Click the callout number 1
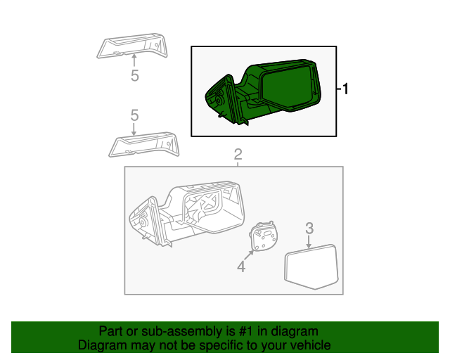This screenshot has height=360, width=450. [x=345, y=89]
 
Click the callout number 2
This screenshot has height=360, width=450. [x=238, y=154]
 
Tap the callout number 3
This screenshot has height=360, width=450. [x=309, y=228]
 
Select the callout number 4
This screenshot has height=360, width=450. [x=241, y=266]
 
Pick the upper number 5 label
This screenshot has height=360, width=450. [x=134, y=76]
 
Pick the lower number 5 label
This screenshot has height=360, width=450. [x=134, y=115]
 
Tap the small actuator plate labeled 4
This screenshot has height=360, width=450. [x=264, y=236]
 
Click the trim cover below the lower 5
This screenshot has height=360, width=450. [x=143, y=145]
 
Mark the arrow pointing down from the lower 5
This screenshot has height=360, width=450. [x=134, y=129]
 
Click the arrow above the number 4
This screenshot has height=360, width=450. [x=248, y=255]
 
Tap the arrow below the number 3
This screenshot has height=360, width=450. [x=309, y=242]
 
